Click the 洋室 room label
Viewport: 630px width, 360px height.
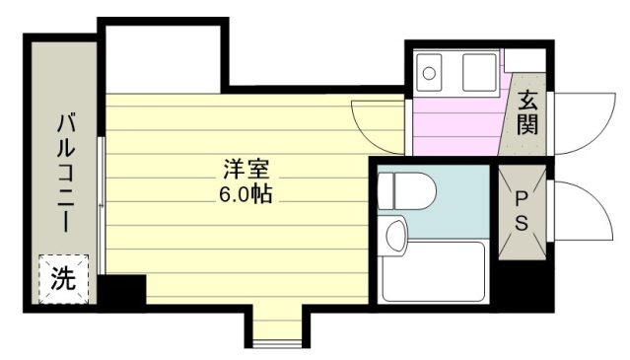[246, 170]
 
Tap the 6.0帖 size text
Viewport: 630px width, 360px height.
[245, 194]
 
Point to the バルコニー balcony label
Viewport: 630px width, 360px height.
[65, 174]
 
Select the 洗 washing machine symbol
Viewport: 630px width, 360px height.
[63, 279]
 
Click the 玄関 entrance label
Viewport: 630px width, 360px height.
[527, 112]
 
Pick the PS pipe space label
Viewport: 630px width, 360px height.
[522, 210]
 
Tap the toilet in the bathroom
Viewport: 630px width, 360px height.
[407, 190]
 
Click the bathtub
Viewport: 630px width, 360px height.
[433, 271]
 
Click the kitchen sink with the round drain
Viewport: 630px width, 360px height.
[429, 73]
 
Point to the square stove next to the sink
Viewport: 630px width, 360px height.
[479, 73]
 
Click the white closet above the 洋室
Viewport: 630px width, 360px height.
[163, 59]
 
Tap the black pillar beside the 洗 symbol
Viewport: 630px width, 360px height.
[122, 289]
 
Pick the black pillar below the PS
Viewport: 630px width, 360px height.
[522, 282]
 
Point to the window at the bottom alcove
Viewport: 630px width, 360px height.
[278, 344]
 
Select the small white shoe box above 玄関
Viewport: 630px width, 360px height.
[525, 60]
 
